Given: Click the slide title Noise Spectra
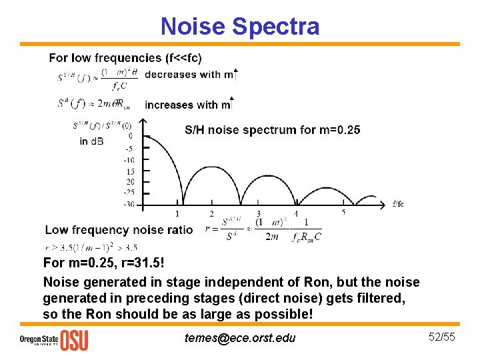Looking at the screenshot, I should (240, 27).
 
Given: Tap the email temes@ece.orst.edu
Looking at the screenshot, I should (239, 338).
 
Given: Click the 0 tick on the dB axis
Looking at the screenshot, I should (129, 136).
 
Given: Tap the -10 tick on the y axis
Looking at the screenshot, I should (128, 160).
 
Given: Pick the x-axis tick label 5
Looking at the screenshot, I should (343, 213).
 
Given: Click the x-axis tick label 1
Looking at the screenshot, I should (177, 214).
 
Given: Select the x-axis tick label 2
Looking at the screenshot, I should (211, 214).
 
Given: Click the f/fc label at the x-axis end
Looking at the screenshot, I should (398, 203).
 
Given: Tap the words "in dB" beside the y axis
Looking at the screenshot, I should (92, 141).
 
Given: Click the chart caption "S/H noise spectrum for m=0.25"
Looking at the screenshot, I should (272, 129).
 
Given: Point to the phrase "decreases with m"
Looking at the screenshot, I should (187, 74).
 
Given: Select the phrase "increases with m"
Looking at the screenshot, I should (187, 105).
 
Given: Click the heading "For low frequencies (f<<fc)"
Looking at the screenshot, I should (125, 58).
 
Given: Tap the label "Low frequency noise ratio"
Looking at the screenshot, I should (119, 230).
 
